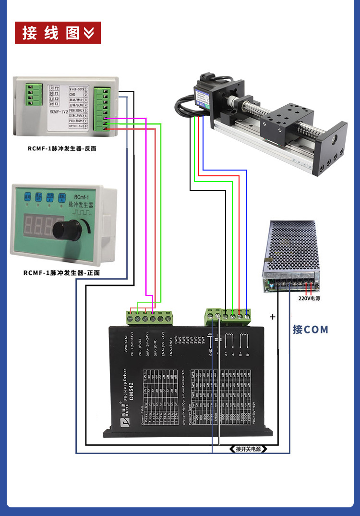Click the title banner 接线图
point(58,33)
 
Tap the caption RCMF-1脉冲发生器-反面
point(62,148)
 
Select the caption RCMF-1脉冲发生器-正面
point(62,273)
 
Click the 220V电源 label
point(309,298)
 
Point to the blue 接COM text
point(311,330)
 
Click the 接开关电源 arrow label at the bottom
point(248,449)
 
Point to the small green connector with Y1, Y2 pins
point(33,94)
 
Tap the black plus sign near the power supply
point(273,317)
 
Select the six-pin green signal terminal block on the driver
point(149,317)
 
